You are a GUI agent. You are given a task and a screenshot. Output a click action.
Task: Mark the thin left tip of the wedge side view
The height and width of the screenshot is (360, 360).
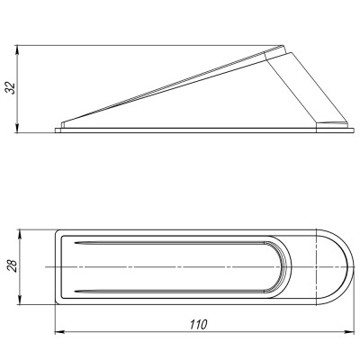click(61, 126)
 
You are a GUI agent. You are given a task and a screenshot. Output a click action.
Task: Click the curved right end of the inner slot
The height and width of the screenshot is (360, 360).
click(289, 266)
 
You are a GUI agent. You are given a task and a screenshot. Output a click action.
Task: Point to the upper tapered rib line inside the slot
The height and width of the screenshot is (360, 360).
click(162, 244)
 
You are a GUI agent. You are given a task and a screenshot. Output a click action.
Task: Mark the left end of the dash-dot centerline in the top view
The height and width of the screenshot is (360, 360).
click(45, 266)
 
